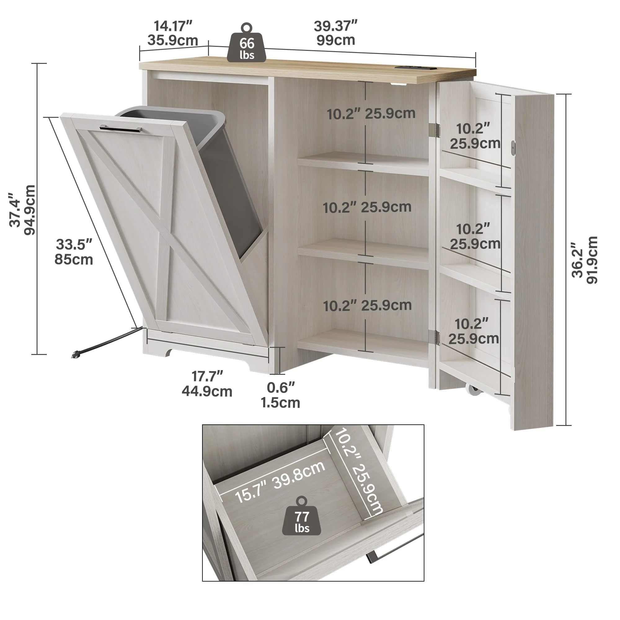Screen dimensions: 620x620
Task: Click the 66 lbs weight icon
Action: [246, 43]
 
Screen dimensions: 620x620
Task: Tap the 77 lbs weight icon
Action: [301, 517]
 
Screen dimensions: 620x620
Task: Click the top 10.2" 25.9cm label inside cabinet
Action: [371, 113]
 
